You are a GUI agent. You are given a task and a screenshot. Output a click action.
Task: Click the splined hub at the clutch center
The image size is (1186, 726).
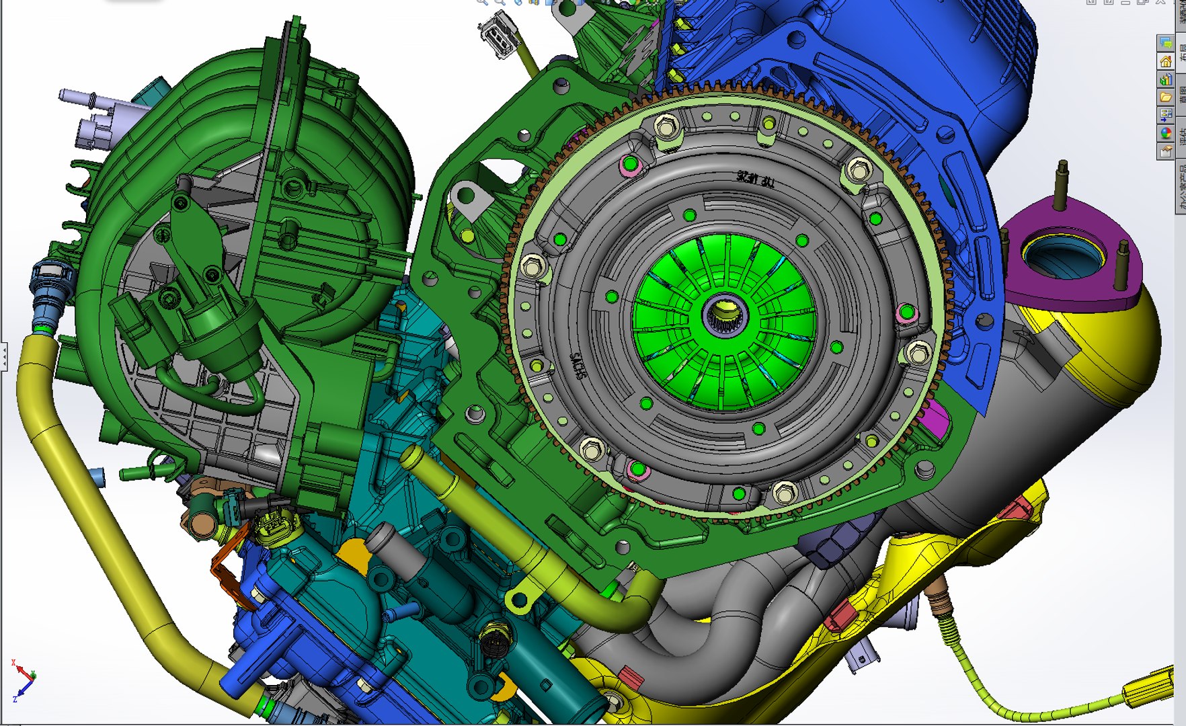(x=723, y=315)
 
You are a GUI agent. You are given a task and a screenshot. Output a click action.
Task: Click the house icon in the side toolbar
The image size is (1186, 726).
(x=1166, y=62)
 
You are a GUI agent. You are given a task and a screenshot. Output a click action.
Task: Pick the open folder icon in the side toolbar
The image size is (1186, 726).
(x=1166, y=97)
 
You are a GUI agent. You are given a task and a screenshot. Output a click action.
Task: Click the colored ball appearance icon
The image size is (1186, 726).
(x=1166, y=133)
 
